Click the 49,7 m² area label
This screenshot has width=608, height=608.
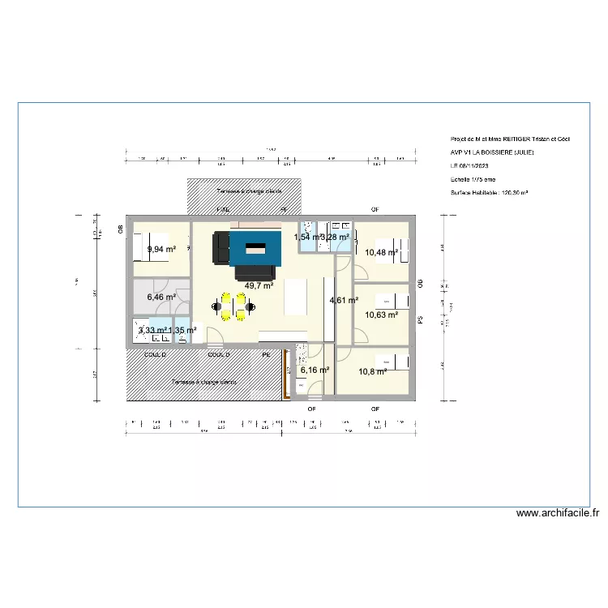coord(259,285)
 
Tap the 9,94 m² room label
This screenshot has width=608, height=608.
coord(161,250)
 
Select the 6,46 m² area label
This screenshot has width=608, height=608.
coord(161,298)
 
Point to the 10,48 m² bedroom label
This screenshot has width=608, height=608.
coord(381,252)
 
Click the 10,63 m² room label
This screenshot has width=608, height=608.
coord(381,315)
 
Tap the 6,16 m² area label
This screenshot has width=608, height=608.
coord(315,370)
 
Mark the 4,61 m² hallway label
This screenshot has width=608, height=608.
coord(343,300)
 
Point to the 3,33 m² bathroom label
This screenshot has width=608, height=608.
coord(152,330)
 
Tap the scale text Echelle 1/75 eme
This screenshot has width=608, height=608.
coord(473,179)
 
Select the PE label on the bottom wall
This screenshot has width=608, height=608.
coord(265,354)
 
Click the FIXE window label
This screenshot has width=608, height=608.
coord(222,210)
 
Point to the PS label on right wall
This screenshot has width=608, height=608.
coord(420,320)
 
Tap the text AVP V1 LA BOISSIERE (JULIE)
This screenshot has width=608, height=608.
coord(492,152)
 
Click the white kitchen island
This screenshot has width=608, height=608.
coord(296,298)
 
